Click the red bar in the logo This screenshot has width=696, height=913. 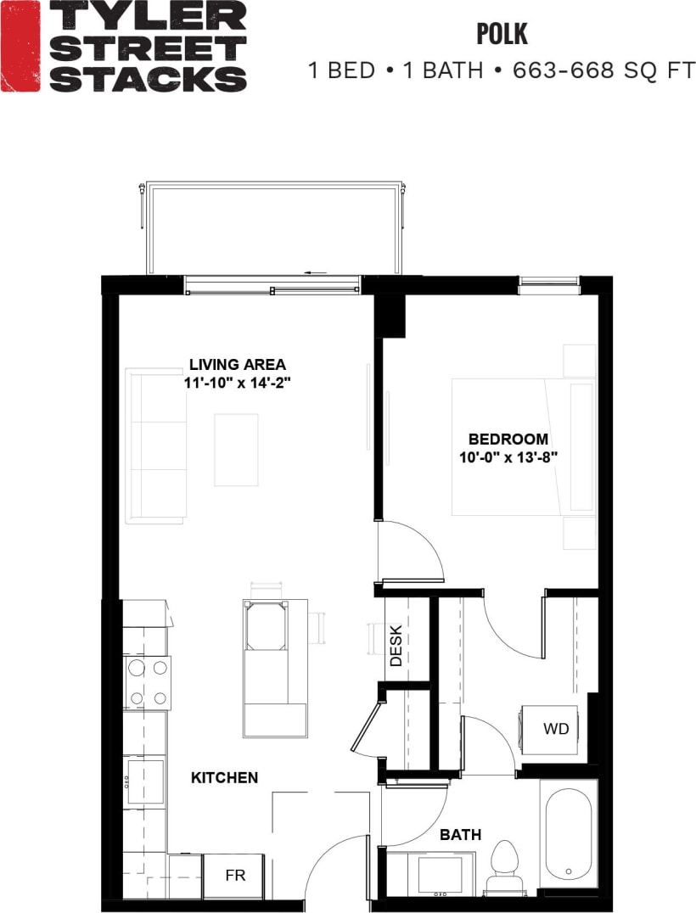click(x=20, y=46)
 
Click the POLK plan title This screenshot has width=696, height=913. click(x=502, y=34)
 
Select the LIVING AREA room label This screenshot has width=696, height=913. click(x=237, y=366)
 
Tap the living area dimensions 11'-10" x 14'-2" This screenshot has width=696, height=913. click(x=238, y=383)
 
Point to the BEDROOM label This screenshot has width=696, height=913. click(x=508, y=440)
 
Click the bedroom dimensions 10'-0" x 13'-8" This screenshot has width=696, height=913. click(x=508, y=456)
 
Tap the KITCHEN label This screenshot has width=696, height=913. click(x=224, y=777)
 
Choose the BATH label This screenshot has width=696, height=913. click(x=460, y=835)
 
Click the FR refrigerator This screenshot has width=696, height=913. click(x=234, y=876)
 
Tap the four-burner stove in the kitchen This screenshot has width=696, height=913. click(x=147, y=683)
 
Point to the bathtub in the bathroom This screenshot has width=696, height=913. click(x=569, y=832)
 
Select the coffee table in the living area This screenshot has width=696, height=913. click(x=236, y=450)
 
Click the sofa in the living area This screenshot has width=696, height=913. click(x=155, y=445)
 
